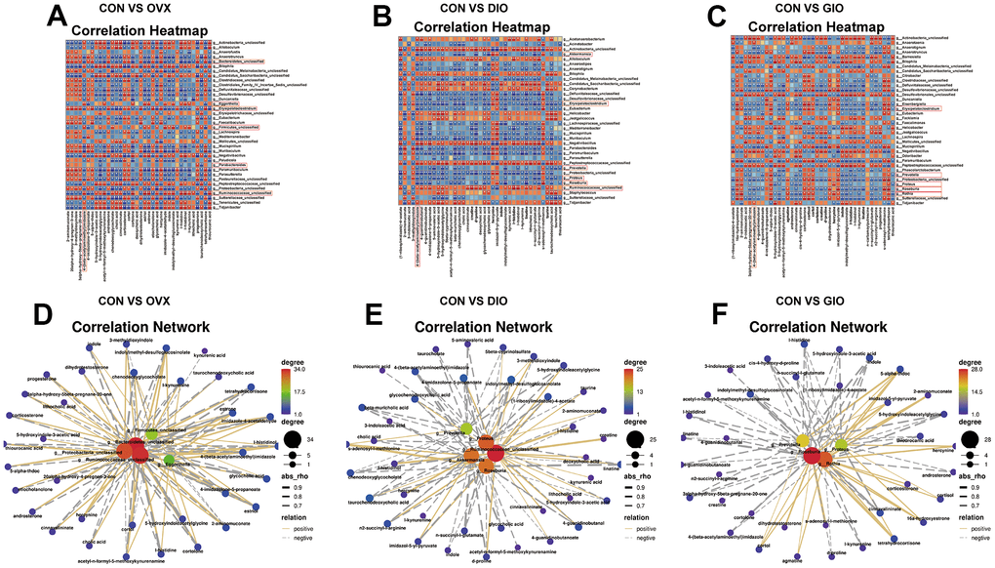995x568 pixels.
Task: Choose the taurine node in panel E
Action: [603, 393]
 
